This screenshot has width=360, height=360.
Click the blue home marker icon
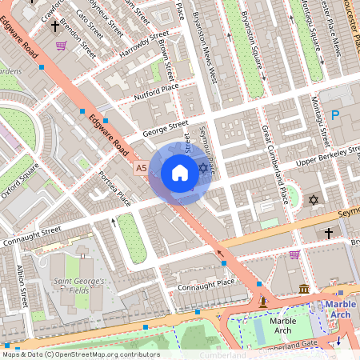180,173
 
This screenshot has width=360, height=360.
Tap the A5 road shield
141,169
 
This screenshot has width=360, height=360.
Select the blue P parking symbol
335,116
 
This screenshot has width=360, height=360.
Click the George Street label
164,128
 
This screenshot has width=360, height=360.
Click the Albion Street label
23,283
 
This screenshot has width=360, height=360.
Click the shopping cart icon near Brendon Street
61,46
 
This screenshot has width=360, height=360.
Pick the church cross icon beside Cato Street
55,26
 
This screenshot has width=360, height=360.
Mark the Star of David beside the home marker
203,168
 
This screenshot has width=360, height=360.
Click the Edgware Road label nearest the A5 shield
110,135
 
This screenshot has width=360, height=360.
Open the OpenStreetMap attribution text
80,354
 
